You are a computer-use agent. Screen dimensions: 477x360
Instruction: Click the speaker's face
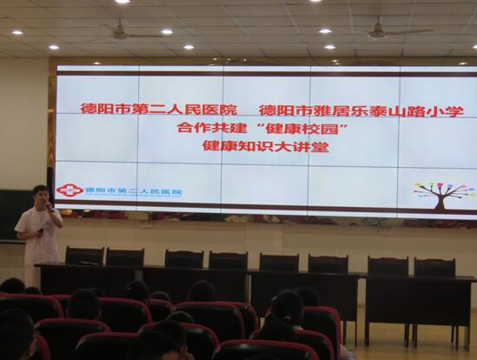click(41, 198)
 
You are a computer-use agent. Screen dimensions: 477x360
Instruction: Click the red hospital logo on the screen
click(70, 190)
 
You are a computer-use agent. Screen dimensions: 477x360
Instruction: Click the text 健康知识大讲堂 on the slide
click(266, 147)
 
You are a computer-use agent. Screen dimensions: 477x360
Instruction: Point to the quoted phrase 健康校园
click(302, 130)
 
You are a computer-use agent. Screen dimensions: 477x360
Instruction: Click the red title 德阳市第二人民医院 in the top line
click(158, 109)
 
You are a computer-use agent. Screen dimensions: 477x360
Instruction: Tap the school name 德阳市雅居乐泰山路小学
click(361, 110)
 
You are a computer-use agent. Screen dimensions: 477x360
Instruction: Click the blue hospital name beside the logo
click(134, 192)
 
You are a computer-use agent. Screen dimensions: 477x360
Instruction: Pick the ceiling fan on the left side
click(122, 31)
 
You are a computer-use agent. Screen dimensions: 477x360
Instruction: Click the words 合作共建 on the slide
click(212, 128)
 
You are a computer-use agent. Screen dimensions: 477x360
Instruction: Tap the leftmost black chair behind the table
click(84, 256)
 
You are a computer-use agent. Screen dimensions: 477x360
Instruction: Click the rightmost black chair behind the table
click(434, 268)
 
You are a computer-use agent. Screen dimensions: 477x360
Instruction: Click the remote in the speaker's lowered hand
click(41, 230)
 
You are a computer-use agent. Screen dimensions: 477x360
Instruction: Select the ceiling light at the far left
click(17, 32)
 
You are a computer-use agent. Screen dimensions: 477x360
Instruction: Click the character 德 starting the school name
click(265, 110)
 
